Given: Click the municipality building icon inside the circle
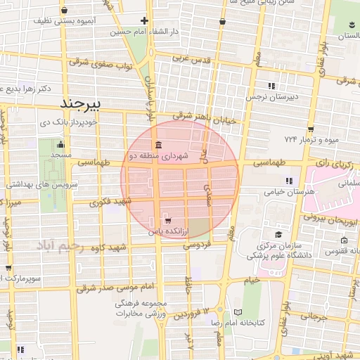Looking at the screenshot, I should pyautogui.click(x=156, y=146).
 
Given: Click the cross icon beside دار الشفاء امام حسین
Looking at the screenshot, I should pyautogui.click(x=145, y=20).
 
